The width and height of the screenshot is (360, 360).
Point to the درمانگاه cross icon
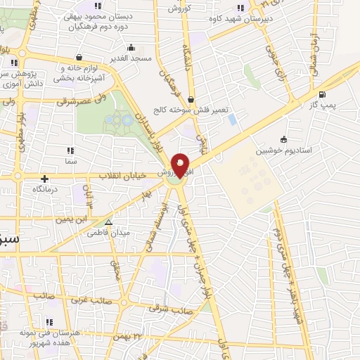(x=45, y=179)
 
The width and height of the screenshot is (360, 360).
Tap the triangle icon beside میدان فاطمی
(x=108, y=221)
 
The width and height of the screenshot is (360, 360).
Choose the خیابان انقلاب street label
(x=127, y=175)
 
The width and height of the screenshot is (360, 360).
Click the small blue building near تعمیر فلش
(x=232, y=120)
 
